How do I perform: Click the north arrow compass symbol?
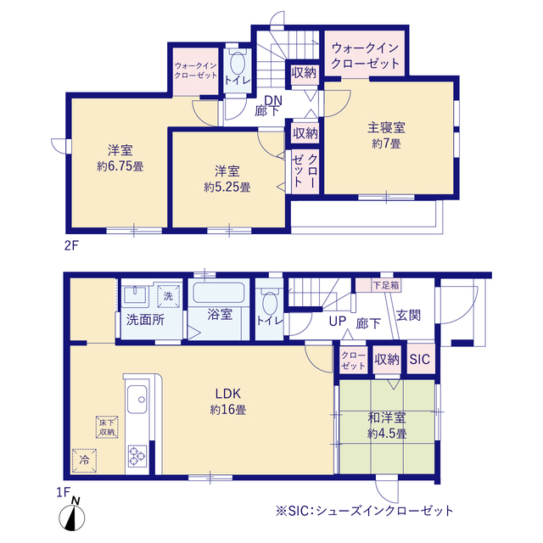[76, 513]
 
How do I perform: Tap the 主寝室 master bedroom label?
[386, 129]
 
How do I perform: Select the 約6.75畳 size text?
[120, 166]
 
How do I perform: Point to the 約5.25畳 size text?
[227, 187]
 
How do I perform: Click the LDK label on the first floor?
[228, 394]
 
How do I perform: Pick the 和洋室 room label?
[386, 418]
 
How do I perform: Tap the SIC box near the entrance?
[420, 360]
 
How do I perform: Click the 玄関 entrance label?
[408, 316]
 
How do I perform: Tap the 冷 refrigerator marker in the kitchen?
[84, 459]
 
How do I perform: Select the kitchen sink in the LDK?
[137, 398]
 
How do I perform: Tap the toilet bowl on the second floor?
[237, 65]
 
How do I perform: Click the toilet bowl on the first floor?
[271, 305]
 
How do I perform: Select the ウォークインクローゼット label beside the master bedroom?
[366, 56]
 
